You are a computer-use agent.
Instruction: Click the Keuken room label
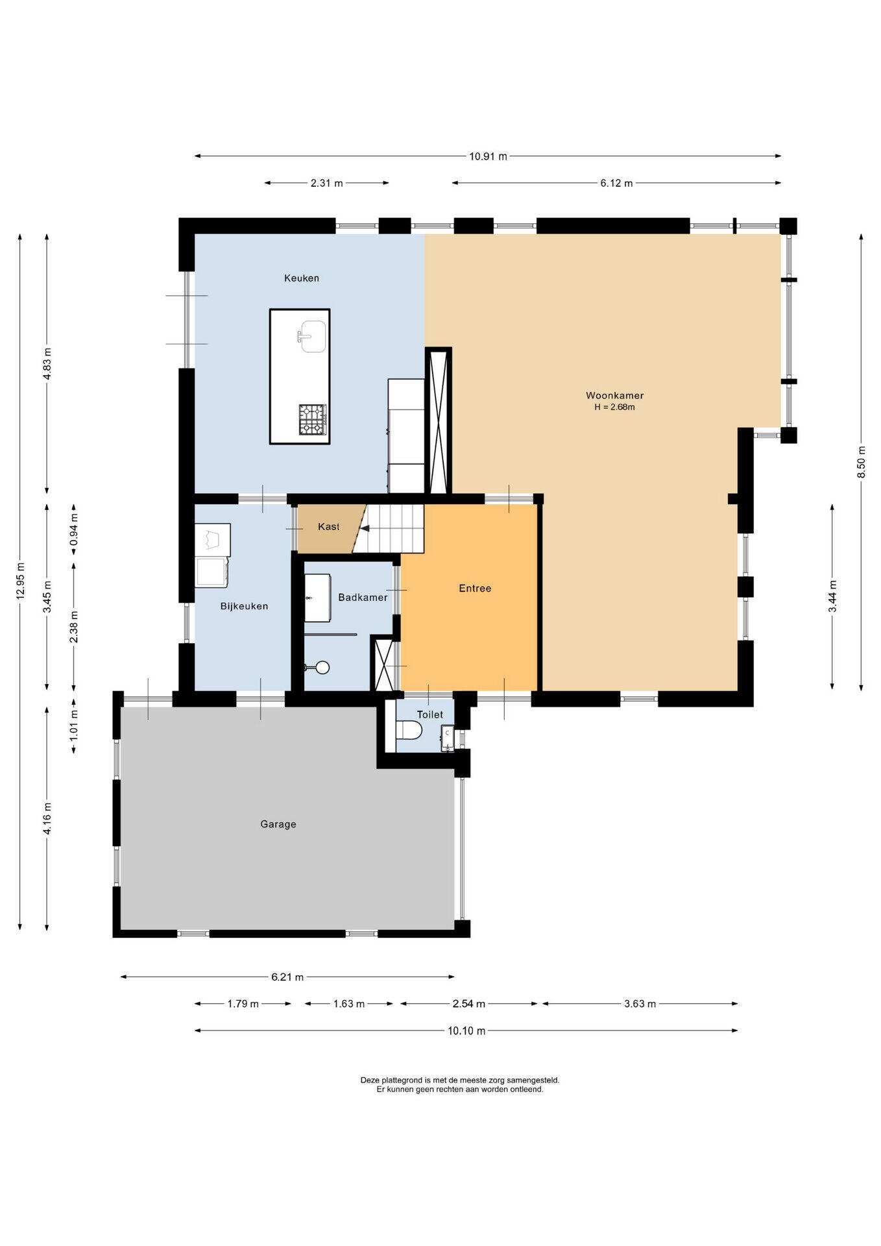(x=302, y=278)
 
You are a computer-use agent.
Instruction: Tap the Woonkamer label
(x=614, y=395)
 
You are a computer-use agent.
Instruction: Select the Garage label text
(x=278, y=824)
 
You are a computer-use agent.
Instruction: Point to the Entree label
(x=475, y=589)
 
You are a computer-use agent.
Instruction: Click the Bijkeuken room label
(x=244, y=606)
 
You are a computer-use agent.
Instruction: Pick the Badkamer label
(x=363, y=597)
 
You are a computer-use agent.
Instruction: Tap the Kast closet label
(x=328, y=527)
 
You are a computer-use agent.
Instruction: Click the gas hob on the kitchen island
(x=312, y=419)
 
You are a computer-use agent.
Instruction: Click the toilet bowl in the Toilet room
(x=408, y=731)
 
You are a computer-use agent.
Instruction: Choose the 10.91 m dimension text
(x=488, y=156)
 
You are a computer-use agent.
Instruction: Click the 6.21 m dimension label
(x=287, y=977)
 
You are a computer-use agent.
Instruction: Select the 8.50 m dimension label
(x=862, y=463)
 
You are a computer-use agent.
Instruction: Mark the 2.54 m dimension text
(x=469, y=1004)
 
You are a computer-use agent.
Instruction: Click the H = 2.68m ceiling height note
(x=614, y=408)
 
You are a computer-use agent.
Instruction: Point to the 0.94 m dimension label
(x=74, y=530)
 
